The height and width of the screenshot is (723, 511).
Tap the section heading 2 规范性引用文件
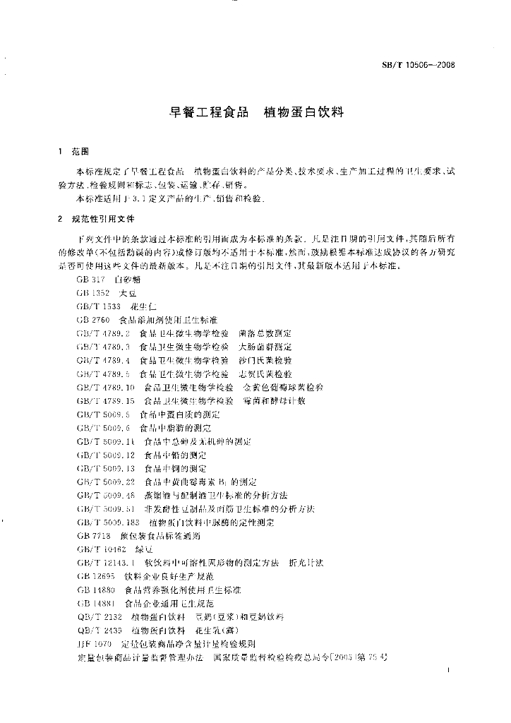pyautogui.click(x=90, y=219)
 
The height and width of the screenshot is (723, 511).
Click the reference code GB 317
pyautogui.click(x=90, y=280)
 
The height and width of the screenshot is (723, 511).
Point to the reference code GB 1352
pyautogui.click(x=93, y=293)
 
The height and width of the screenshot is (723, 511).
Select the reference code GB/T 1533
pyautogui.click(x=99, y=306)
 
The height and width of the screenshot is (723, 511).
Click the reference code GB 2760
pyautogui.click(x=93, y=320)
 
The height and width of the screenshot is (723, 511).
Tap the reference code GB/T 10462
pyautogui.click(x=101, y=549)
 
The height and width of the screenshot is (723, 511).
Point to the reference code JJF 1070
pyautogui.click(x=95, y=644)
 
